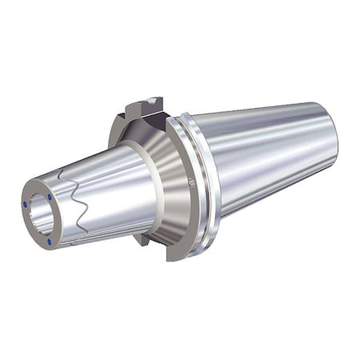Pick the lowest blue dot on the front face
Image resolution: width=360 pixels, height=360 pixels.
point(49,240)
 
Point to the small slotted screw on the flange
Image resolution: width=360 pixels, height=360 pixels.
point(192,182)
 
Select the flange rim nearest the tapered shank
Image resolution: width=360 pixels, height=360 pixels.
point(203,184)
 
